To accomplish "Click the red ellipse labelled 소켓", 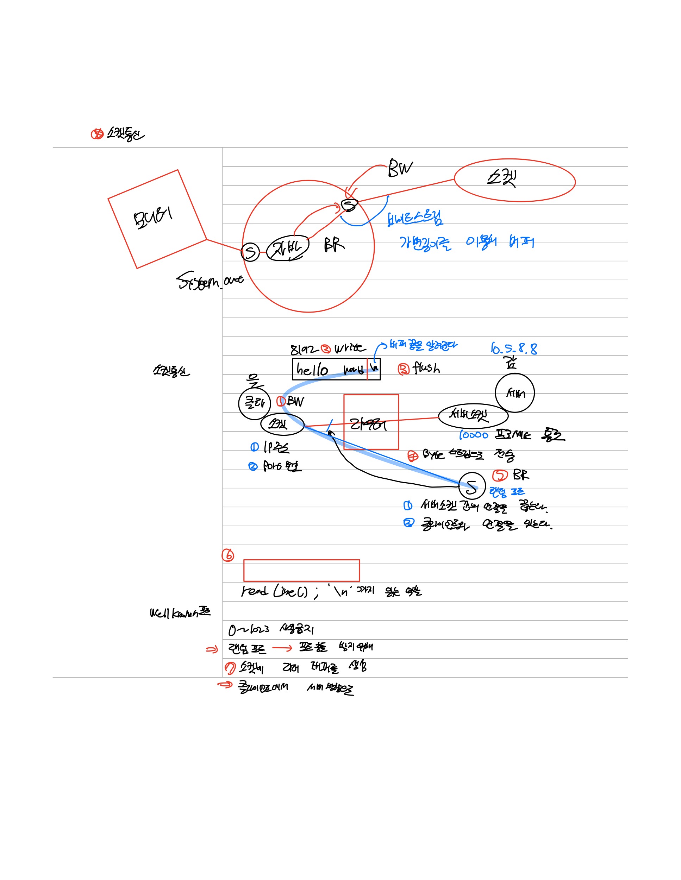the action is point(514,180).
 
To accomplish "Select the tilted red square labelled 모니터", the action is point(157,219).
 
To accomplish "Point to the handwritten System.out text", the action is point(210,281).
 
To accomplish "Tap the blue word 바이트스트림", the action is point(415,218).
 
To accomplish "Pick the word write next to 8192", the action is point(350,348).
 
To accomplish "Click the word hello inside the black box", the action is point(312,369).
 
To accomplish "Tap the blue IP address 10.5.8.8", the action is point(514,348).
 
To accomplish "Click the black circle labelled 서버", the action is point(514,393).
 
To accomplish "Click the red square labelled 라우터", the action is point(371,422).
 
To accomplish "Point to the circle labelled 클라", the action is point(254,403).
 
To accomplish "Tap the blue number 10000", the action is point(474,435).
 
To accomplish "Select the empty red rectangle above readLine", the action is point(301,570).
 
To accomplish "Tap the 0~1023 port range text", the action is point(249,629).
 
